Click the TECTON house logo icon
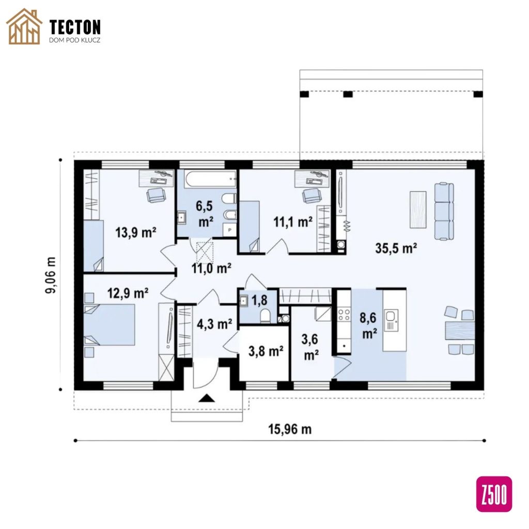tap(24, 27)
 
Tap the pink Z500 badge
tap(494, 494)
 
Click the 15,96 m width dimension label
tap(290, 429)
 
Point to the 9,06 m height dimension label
tap(51, 275)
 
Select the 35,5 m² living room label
tap(396, 248)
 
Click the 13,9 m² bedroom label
tap(136, 232)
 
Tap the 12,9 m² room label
tap(128, 293)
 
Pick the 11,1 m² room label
tap(293, 222)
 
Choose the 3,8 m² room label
tap(266, 351)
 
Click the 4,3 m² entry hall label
tap(214, 324)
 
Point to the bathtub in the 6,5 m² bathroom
tap(210, 179)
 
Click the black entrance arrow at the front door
tap(207, 398)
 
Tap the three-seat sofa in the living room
tap(444, 211)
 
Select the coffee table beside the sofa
tap(417, 210)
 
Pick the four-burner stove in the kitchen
tap(344, 315)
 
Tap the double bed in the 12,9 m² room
tap(109, 324)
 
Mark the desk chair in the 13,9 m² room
tap(156, 195)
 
